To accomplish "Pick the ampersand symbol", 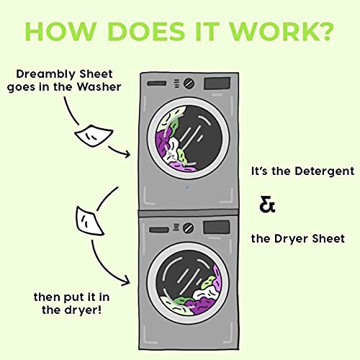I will [267, 205].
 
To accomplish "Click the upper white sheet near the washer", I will [96, 135].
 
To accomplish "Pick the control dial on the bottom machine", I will [189, 228].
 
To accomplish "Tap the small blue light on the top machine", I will [188, 189].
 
